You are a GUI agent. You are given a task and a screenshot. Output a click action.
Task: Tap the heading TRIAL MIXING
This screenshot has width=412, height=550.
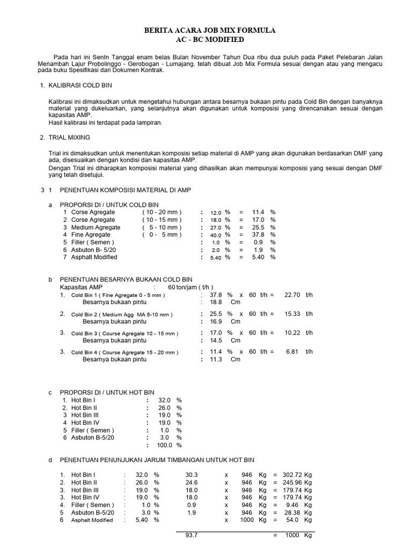coord(69,138)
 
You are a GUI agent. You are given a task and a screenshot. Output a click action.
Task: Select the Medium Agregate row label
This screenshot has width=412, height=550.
coord(96,227)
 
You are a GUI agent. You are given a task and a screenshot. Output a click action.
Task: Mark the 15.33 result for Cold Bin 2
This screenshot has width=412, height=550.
coord(292,314)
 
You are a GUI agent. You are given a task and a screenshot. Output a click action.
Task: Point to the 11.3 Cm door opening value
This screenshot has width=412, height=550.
coord(216,359)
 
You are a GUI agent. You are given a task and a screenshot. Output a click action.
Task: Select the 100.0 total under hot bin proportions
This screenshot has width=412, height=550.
coord(164,445)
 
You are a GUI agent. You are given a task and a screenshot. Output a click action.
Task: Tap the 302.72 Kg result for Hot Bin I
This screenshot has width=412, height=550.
coord(291,475)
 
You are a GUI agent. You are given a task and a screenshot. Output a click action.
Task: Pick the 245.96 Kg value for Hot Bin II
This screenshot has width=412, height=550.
coord(291,482)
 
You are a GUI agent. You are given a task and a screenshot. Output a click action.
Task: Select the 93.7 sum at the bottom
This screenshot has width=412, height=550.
coord(192,535)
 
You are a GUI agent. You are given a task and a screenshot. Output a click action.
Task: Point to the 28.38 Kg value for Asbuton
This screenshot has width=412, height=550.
coord(293,512)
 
